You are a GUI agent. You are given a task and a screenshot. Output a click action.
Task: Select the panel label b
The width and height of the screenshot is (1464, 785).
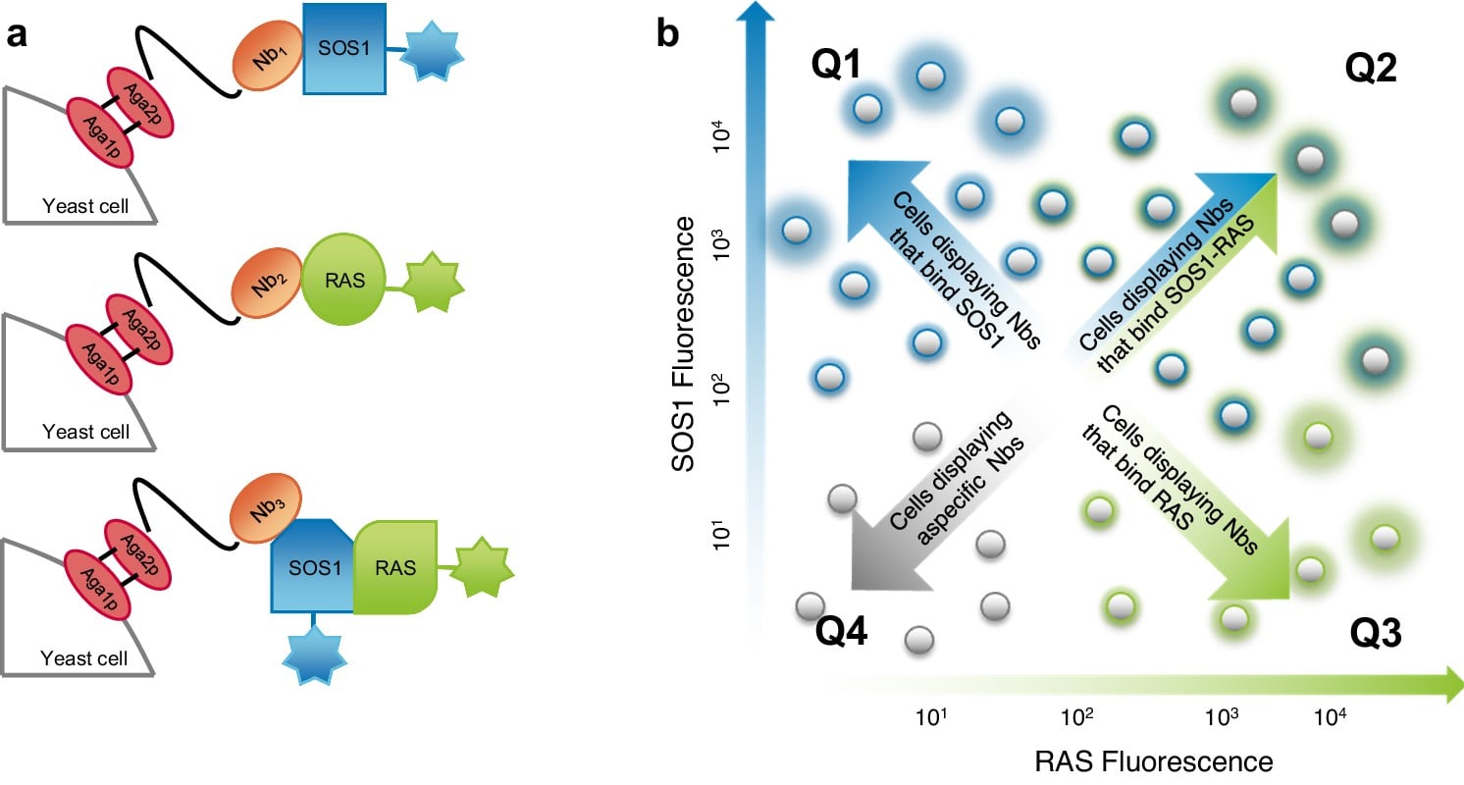click(x=668, y=33)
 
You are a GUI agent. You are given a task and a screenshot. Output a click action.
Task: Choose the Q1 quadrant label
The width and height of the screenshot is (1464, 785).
click(x=836, y=66)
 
